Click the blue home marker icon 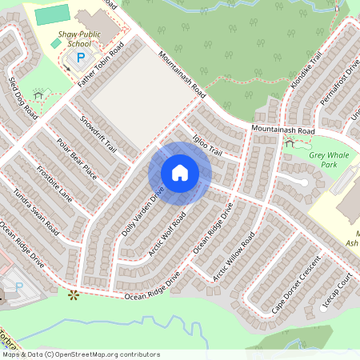[180, 173]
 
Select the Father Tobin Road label [102, 65]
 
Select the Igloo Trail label [206, 145]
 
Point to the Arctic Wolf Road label [166, 235]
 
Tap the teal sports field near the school [52, 14]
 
